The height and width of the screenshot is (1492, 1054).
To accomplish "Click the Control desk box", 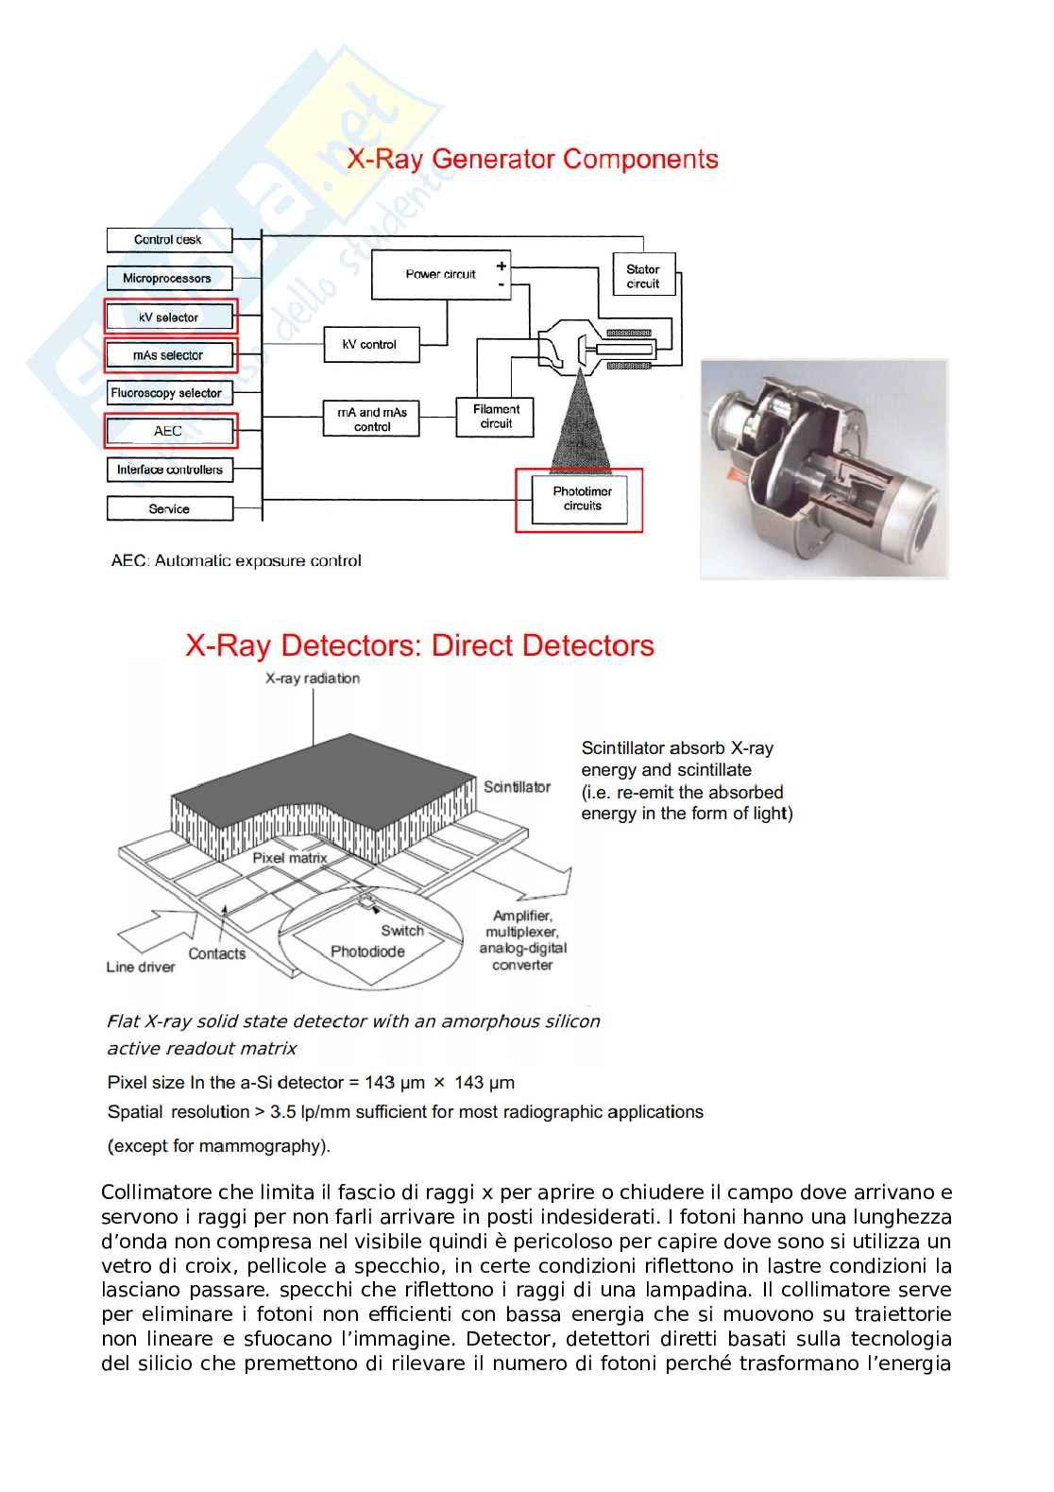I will pos(169,240).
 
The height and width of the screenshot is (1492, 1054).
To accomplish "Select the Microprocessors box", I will pos(169,279).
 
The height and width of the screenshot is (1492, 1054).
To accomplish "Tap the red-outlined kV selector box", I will pos(170,317).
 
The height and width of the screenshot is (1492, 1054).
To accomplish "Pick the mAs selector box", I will pos(170,355).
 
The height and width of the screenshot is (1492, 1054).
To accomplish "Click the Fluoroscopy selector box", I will pos(169,393).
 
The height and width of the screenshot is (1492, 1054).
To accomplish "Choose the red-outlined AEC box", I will pos(170,431).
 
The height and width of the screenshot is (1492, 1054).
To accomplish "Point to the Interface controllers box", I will pos(170,470).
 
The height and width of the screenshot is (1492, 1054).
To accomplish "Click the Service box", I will pos(170,508).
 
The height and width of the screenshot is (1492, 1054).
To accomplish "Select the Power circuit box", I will pos(441,275).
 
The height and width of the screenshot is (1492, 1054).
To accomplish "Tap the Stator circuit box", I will pos(643,276).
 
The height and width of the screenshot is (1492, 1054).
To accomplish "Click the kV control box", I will pos(369,345).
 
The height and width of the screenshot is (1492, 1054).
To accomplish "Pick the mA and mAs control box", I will pos(371,419).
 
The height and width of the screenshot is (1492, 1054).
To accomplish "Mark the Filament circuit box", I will pos(496,417).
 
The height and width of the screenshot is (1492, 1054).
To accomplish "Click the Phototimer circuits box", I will pos(582,499).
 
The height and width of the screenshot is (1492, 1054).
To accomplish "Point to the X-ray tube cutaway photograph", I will pos(824,470).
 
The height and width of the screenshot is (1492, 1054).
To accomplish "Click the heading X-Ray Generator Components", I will pos(533,159).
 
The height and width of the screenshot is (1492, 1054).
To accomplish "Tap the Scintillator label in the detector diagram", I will pos(517,787).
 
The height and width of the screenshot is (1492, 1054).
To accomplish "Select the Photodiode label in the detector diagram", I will pos(367,952).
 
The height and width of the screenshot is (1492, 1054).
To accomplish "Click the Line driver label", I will pos(141,967).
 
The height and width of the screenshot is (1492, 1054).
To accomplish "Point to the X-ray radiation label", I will pos(313,677).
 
